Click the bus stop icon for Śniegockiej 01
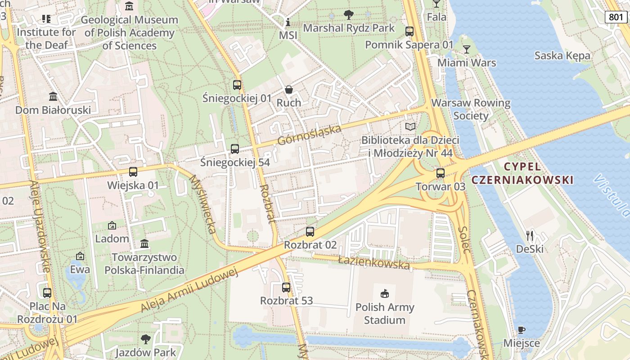[x=237, y=85]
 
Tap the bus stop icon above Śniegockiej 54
[x=234, y=149]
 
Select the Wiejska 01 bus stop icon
[x=133, y=172]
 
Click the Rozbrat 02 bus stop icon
[x=310, y=232]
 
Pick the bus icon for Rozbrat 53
[x=286, y=287]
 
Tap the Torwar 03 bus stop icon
[x=441, y=173]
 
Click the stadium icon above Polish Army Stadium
[x=384, y=294]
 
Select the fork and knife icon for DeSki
[x=530, y=235]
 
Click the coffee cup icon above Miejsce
[x=521, y=330]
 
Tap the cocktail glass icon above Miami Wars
[x=467, y=49]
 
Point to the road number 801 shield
[x=615, y=17]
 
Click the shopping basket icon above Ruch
[x=289, y=90]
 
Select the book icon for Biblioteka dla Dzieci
[x=410, y=126]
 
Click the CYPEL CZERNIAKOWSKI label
[x=522, y=173]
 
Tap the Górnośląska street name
[x=309, y=135]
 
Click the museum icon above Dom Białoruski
[x=53, y=97]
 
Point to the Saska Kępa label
[x=562, y=56]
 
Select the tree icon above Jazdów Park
[x=145, y=339]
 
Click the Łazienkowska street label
[x=374, y=262]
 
